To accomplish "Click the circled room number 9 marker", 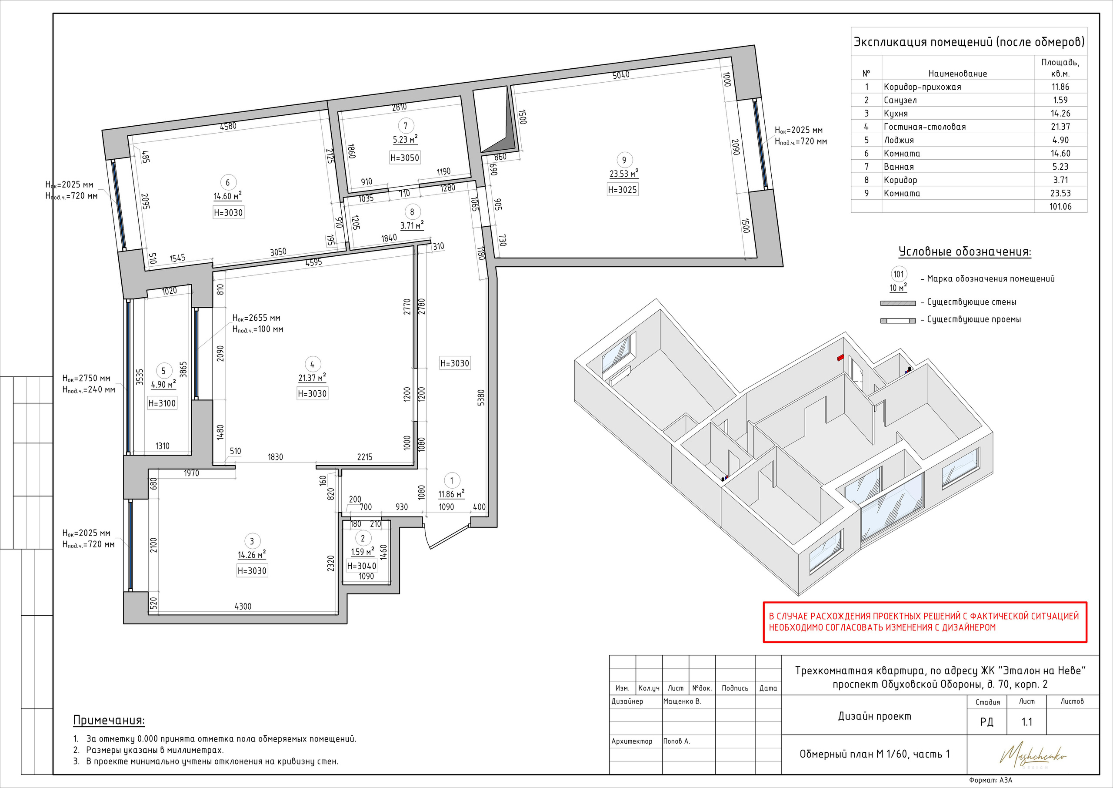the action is point(624,160).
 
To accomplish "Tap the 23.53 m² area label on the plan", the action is point(624,174).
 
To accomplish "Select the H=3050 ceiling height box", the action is point(405,158).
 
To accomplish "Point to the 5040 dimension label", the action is point(621,75).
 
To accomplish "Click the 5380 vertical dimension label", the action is point(481,398).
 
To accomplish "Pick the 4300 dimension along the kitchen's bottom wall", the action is point(243,606).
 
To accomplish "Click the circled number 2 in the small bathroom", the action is point(363,538).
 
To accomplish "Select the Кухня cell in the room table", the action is point(896,114).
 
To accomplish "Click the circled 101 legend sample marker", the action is point(899,274).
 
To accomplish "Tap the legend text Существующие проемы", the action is point(974,319).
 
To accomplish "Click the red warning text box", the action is point(925,622).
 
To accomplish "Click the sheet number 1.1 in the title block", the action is point(1027,722).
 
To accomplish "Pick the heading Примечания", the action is point(109,721).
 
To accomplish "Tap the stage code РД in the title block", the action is point(987,722).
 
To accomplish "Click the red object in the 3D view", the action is point(840,358).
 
